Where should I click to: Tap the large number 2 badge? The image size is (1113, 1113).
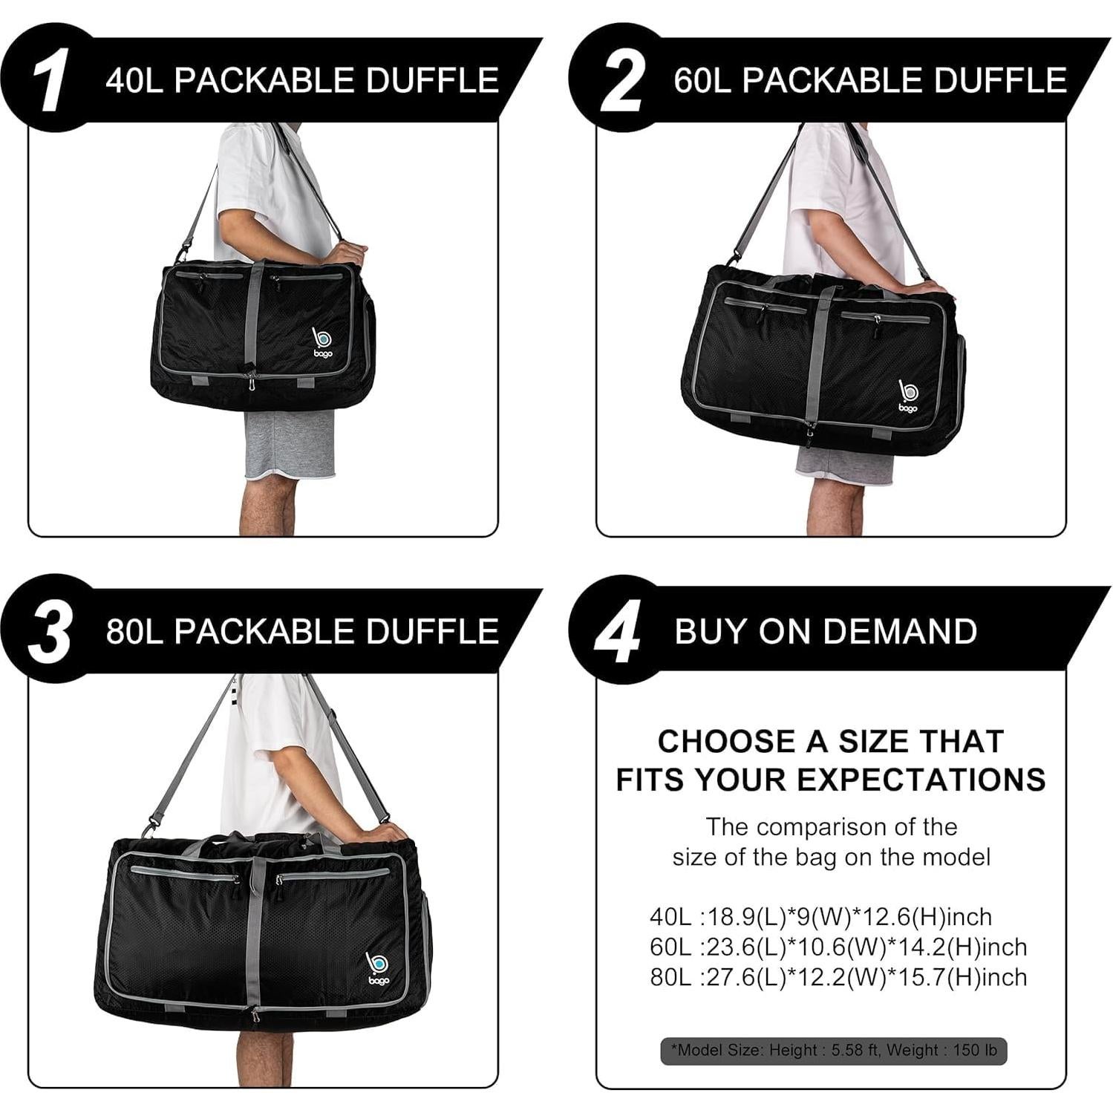coord(620,82)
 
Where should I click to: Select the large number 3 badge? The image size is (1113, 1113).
coord(50,632)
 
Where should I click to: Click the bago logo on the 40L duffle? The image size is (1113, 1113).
coord(322,342)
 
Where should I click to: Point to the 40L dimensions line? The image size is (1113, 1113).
coord(820,917)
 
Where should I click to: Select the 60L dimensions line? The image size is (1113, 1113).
coord(838,947)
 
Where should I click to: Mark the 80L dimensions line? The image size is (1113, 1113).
coord(838,977)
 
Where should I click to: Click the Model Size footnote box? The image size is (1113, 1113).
coord(833,1051)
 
